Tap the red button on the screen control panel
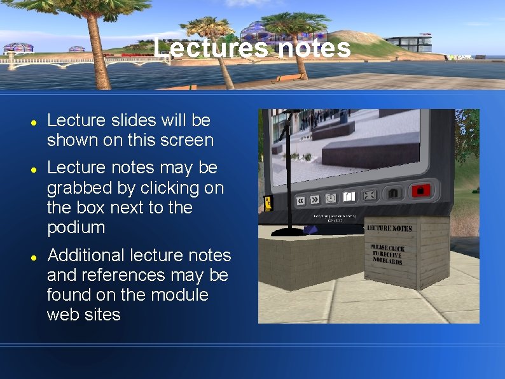point(420,190)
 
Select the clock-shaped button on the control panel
point(331,198)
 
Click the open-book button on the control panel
point(349,197)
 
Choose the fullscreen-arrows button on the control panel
point(370,196)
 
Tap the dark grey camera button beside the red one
point(394,192)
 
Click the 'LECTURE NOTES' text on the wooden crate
point(389,228)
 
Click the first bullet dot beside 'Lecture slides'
point(32,121)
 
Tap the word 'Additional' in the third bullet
point(86,255)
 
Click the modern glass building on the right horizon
point(408,43)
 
